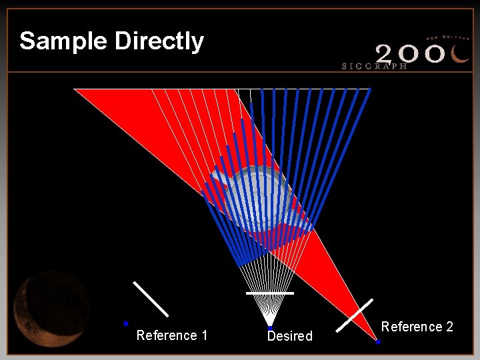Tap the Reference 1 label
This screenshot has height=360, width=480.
pos(171,335)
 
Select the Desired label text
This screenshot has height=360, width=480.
pos(289,336)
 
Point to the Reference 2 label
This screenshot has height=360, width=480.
pos(417,327)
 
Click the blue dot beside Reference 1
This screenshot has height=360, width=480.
pos(125,323)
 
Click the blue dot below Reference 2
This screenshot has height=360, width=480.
pos(378,342)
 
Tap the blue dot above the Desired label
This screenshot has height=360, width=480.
pos(269,328)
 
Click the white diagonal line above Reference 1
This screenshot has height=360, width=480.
pos(151,299)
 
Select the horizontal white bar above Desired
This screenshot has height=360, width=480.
pos(269,293)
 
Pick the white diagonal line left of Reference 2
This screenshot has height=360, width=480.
pos(355,315)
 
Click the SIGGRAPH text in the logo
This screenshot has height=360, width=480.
pos(374,66)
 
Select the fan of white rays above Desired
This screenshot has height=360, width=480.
pos(268,280)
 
